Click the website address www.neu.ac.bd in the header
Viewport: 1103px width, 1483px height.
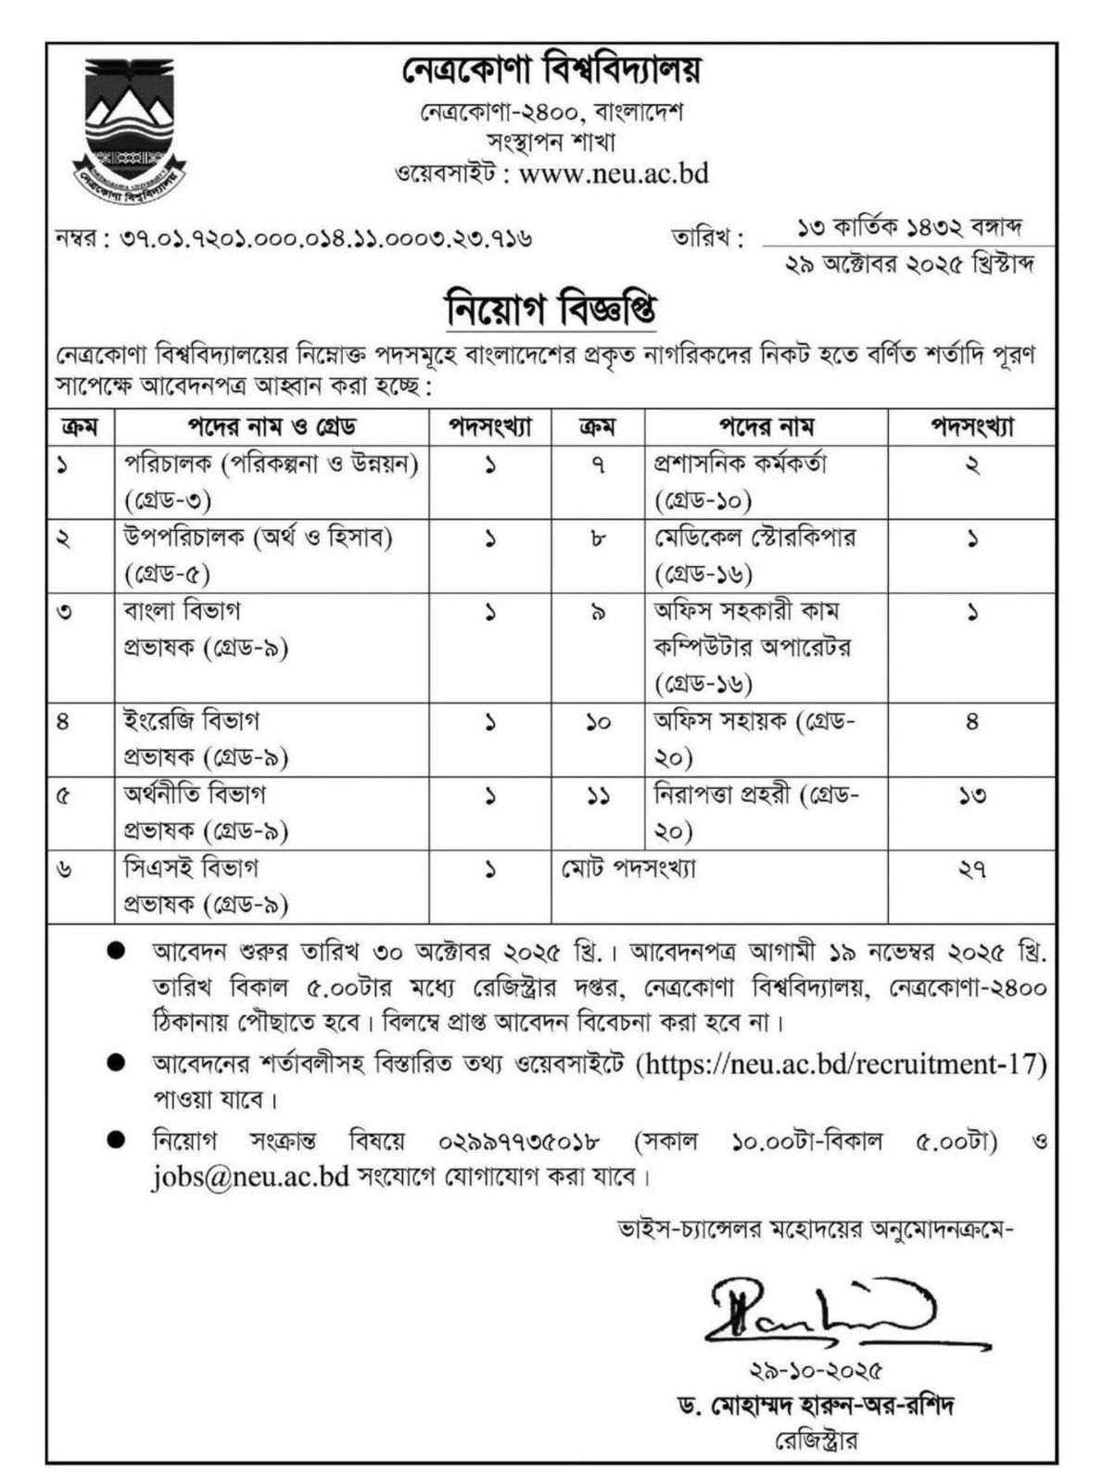615,173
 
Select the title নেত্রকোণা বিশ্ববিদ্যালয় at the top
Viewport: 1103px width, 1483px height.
552,70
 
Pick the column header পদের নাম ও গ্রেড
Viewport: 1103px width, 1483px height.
273,427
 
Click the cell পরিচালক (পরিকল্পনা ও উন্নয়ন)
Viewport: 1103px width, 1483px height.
272,463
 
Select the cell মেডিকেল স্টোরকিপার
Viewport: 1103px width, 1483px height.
754,538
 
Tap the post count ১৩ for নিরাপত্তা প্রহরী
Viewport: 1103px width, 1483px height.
971,795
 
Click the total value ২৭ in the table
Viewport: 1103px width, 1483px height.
971,869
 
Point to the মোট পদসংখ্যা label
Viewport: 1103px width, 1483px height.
628,868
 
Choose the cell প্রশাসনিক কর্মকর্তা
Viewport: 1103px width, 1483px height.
740,463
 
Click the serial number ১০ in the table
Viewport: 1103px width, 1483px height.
598,722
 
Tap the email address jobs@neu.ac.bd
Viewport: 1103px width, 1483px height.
250,1177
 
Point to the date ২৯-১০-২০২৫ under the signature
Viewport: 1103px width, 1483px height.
816,1370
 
